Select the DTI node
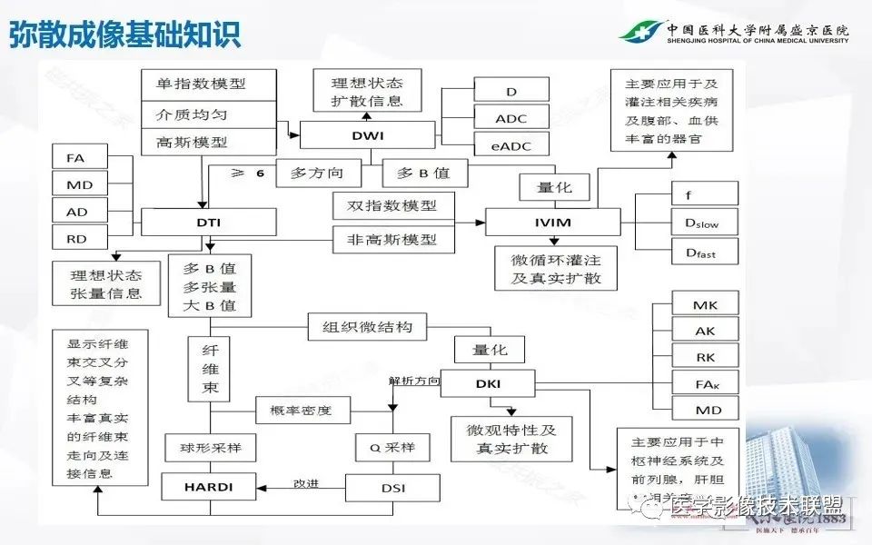(x=209, y=222)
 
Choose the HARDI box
(x=209, y=487)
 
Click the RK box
(x=704, y=357)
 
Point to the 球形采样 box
(x=210, y=447)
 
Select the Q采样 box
(x=392, y=447)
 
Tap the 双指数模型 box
(x=385, y=205)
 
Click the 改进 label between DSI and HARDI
(x=305, y=483)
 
